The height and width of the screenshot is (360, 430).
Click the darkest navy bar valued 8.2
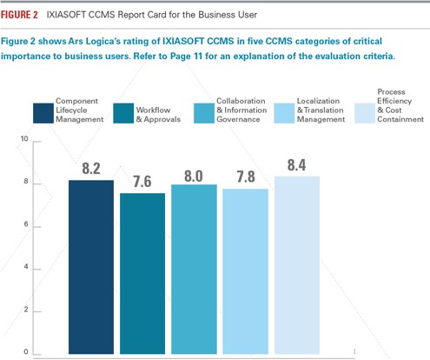(91, 267)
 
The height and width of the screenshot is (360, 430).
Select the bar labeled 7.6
(142, 273)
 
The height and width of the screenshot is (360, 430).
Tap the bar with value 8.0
(194, 269)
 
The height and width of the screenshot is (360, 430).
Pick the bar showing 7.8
(245, 271)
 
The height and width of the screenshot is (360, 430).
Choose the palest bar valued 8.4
(297, 265)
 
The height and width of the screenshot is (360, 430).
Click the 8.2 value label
(91, 169)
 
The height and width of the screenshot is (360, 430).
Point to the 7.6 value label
(142, 182)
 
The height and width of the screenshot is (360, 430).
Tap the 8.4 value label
(296, 165)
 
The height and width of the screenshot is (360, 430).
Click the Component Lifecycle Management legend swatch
(43, 113)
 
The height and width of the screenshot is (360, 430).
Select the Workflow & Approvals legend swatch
(123, 113)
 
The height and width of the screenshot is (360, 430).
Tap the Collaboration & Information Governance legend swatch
(204, 113)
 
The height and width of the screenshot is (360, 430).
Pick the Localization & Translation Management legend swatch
(284, 113)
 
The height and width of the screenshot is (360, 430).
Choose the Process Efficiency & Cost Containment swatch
(365, 113)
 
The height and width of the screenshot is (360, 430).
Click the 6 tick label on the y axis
(26, 224)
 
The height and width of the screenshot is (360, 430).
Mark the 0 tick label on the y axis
(26, 351)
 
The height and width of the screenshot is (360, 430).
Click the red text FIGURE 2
(19, 15)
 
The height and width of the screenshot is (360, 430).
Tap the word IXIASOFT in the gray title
(66, 15)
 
